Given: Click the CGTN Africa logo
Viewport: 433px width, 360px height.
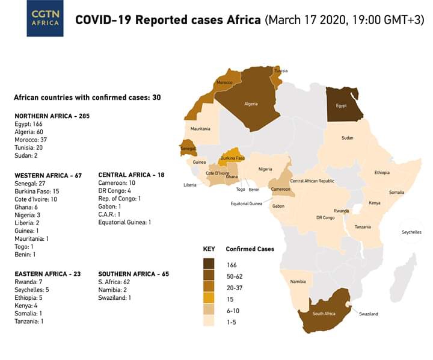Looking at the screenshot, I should [45, 19].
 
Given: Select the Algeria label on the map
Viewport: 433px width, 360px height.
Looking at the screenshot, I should [251, 104].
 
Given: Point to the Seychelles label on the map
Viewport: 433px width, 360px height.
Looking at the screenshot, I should [412, 232].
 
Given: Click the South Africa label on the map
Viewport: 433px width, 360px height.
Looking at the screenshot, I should [324, 314].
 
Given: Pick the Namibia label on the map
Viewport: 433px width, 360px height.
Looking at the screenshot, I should [298, 282].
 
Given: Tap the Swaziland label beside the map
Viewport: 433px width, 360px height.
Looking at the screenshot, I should [369, 314].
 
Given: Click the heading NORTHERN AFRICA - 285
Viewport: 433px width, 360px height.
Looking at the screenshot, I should [52, 116].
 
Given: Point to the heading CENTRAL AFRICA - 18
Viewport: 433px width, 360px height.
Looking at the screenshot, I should [131, 175].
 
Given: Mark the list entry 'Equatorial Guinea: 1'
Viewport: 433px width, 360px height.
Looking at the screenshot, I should [124, 222].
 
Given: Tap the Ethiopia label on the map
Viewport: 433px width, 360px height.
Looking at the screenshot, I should [382, 172].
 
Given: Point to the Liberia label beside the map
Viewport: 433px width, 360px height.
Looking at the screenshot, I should [190, 185].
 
